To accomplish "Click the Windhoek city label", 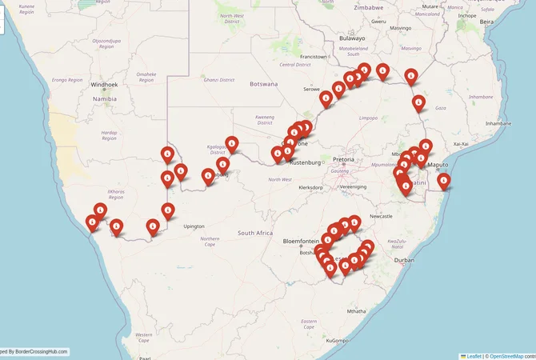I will tap(104, 84).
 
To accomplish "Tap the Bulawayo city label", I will tap(352, 38).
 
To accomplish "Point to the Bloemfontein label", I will tap(301, 240).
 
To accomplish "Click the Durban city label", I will tap(404, 261).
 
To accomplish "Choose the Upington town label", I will tap(194, 226).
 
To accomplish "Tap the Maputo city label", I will tap(438, 165).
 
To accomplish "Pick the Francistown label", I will tap(313, 57).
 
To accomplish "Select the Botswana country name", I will tap(263, 84).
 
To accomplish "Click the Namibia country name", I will tap(105, 99).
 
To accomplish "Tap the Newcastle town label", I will tap(380, 217).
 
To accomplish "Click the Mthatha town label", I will tap(353, 311).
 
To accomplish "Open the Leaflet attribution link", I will tap(474, 356).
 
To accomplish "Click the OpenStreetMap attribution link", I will tap(506, 356).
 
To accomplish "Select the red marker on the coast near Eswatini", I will tap(444, 182).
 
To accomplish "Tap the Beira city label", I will tap(486, 22).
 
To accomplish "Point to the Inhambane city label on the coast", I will tap(498, 124).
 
